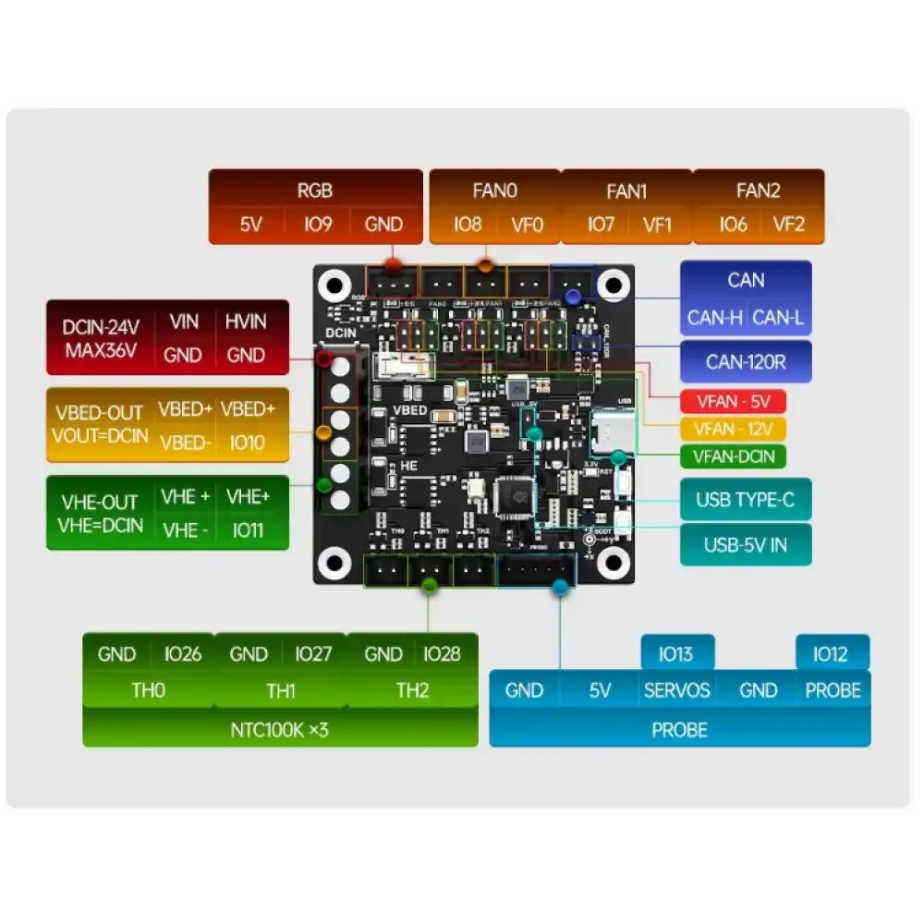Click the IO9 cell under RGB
point(318,225)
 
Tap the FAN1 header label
point(626,191)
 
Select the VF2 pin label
point(789,225)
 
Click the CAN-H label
point(714,319)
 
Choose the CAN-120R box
point(746,361)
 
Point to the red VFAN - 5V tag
point(732,402)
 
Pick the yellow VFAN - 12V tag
point(732,429)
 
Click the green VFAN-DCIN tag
point(732,456)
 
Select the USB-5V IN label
point(745,544)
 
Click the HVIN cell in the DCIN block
point(246,322)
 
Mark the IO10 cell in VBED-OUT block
point(246,443)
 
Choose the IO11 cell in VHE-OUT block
point(246,530)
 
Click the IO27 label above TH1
point(313,654)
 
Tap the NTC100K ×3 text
point(279,730)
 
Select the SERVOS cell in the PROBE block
point(677,690)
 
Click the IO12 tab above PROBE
point(831,654)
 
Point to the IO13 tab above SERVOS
point(677,654)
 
